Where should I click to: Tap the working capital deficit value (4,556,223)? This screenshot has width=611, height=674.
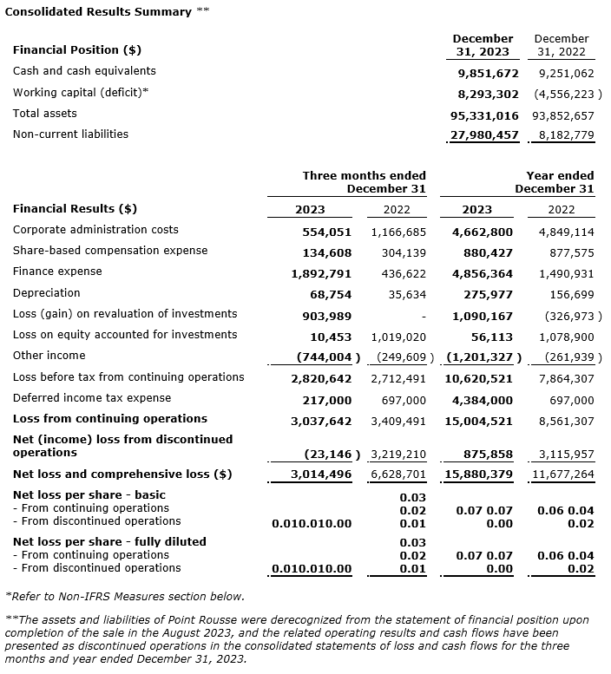pyautogui.click(x=564, y=94)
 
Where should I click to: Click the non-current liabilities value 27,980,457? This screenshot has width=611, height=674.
pyautogui.click(x=484, y=135)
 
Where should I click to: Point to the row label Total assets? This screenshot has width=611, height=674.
pyautogui.click(x=44, y=114)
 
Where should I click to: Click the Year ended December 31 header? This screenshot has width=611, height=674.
pyautogui.click(x=554, y=182)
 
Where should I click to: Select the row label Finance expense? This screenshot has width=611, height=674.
pyautogui.click(x=57, y=272)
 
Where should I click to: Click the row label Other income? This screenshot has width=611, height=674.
pyautogui.click(x=49, y=356)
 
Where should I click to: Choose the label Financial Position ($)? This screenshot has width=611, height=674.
pyautogui.click(x=77, y=49)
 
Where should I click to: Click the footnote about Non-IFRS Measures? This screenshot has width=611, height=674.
pyautogui.click(x=124, y=597)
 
